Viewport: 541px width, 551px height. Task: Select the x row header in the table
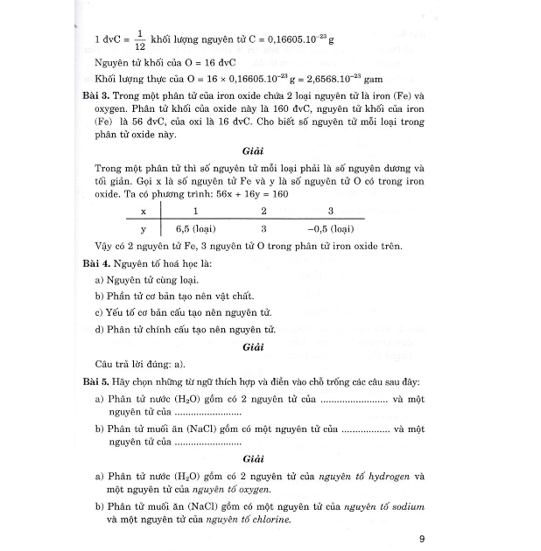143,211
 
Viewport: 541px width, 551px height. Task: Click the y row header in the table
143,228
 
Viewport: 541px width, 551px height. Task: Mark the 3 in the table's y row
263,228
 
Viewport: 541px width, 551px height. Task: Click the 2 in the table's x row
263,211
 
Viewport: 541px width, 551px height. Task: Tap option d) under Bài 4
185,330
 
